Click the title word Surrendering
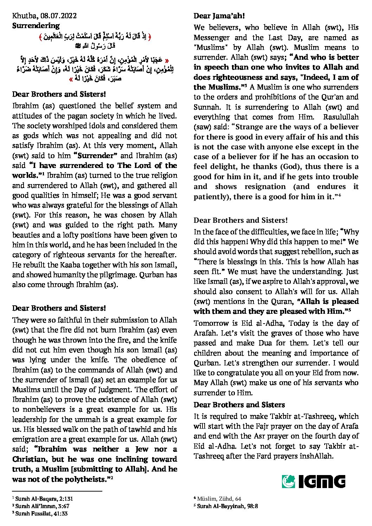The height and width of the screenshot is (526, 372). [x=36, y=26]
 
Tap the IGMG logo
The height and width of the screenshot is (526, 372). [x=313, y=481]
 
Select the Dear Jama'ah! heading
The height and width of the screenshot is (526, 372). [x=219, y=16]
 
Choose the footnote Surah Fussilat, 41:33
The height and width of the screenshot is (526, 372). [x=41, y=513]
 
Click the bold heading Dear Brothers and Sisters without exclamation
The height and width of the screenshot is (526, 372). [x=239, y=405]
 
